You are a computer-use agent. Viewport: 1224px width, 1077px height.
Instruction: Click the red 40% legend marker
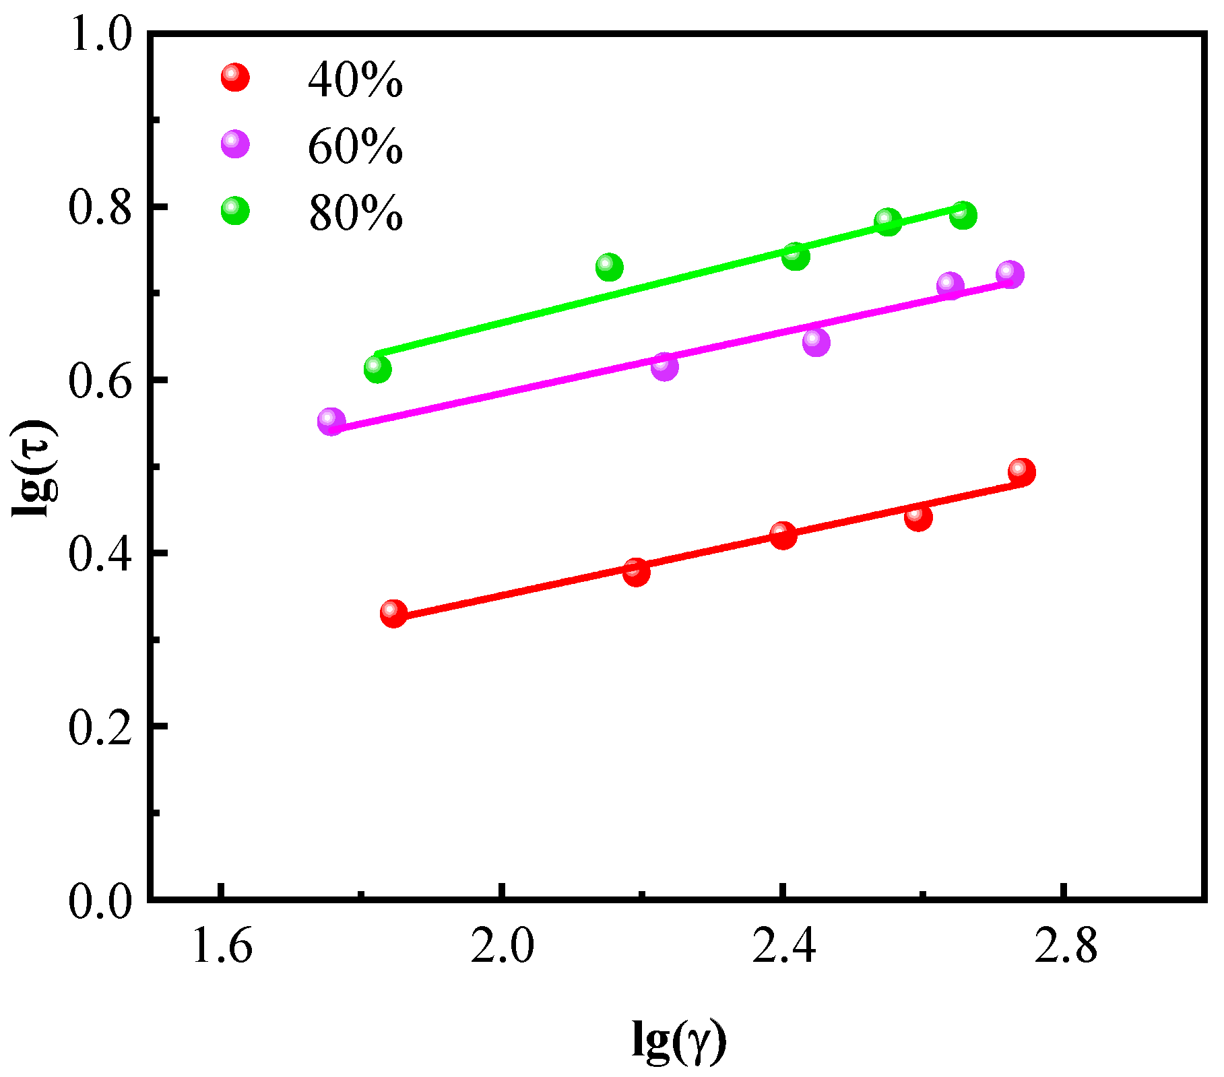pyautogui.click(x=235, y=77)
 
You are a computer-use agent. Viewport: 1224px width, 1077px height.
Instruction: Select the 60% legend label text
pyautogui.click(x=355, y=147)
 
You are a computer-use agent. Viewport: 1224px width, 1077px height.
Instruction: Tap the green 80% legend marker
pyautogui.click(x=235, y=211)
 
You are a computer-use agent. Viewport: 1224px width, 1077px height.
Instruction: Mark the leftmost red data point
pyautogui.click(x=393, y=613)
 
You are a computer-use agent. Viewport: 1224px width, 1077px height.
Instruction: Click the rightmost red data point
pyautogui.click(x=1021, y=472)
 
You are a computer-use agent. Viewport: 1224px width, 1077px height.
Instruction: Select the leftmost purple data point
pyautogui.click(x=331, y=422)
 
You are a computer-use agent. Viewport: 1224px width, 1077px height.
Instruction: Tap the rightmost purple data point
pyautogui.click(x=1009, y=274)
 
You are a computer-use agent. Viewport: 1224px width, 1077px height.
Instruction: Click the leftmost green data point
pyautogui.click(x=377, y=368)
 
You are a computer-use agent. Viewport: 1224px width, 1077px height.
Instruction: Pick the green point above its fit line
pyautogui.click(x=609, y=267)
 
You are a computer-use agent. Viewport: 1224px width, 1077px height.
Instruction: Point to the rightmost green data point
pyautogui.click(x=963, y=216)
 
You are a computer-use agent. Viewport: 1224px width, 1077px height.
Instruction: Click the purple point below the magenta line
pyautogui.click(x=816, y=342)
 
